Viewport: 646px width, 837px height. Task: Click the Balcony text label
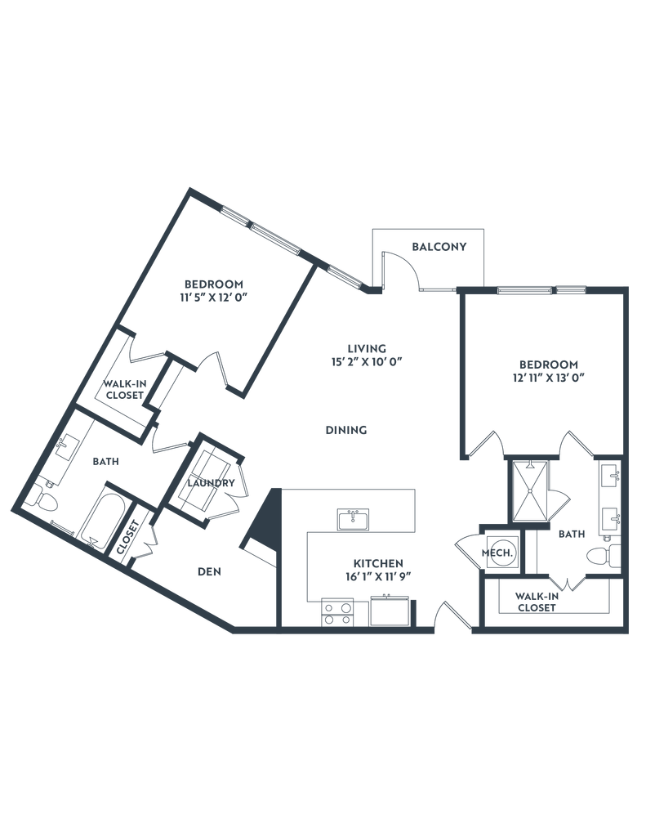439,245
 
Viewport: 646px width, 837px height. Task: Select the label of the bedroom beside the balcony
546,369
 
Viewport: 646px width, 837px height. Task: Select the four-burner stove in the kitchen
336,611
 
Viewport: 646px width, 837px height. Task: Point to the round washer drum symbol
499,553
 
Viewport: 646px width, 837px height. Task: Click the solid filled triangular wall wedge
263,532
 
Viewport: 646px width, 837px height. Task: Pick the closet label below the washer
536,601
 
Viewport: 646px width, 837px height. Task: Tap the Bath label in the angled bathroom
105,463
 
